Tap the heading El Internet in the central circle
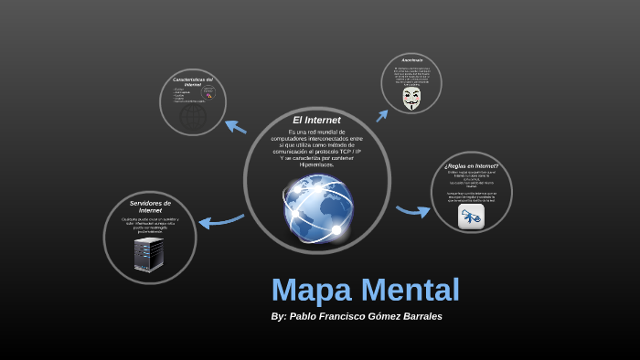tap(316, 120)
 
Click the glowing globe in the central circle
tap(317, 206)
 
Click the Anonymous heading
tap(411, 60)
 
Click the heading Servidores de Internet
tap(150, 206)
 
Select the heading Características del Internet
tap(193, 82)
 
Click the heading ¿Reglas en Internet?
tap(471, 166)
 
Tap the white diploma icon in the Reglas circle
tap(471, 217)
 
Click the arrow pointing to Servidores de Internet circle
tap(219, 220)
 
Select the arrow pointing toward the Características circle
tap(236, 126)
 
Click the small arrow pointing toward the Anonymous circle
tap(382, 115)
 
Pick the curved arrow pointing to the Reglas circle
tap(413, 211)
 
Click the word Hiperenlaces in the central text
tap(316, 164)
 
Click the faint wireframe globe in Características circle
tap(193, 117)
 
